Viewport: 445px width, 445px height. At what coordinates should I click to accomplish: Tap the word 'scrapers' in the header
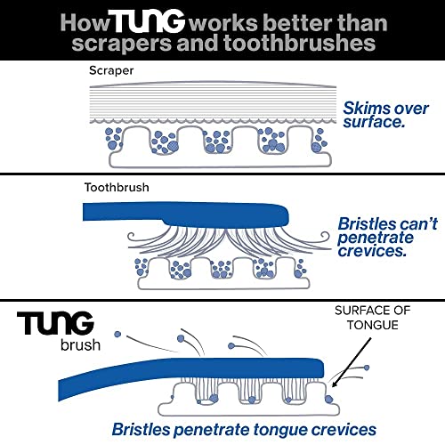(x=122, y=44)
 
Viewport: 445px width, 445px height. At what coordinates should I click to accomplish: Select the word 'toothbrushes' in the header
(x=300, y=43)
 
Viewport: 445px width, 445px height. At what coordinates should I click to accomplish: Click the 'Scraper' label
(x=111, y=70)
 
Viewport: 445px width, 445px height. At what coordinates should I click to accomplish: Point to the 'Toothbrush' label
(x=117, y=188)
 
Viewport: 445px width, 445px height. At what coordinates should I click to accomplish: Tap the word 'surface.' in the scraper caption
(x=374, y=122)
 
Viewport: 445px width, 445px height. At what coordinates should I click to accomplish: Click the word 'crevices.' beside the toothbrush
(x=372, y=251)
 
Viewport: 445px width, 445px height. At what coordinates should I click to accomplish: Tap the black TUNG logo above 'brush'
(x=55, y=323)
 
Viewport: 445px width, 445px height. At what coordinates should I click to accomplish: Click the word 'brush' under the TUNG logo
(x=80, y=345)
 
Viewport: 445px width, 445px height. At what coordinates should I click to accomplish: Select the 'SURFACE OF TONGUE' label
(x=373, y=318)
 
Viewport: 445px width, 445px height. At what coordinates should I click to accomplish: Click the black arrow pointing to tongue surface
(x=352, y=362)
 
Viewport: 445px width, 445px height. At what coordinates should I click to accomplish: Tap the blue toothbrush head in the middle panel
(x=225, y=214)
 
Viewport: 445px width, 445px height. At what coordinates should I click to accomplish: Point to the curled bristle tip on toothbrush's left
(x=133, y=237)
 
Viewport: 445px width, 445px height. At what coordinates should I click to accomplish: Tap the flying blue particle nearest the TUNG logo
(x=117, y=335)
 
